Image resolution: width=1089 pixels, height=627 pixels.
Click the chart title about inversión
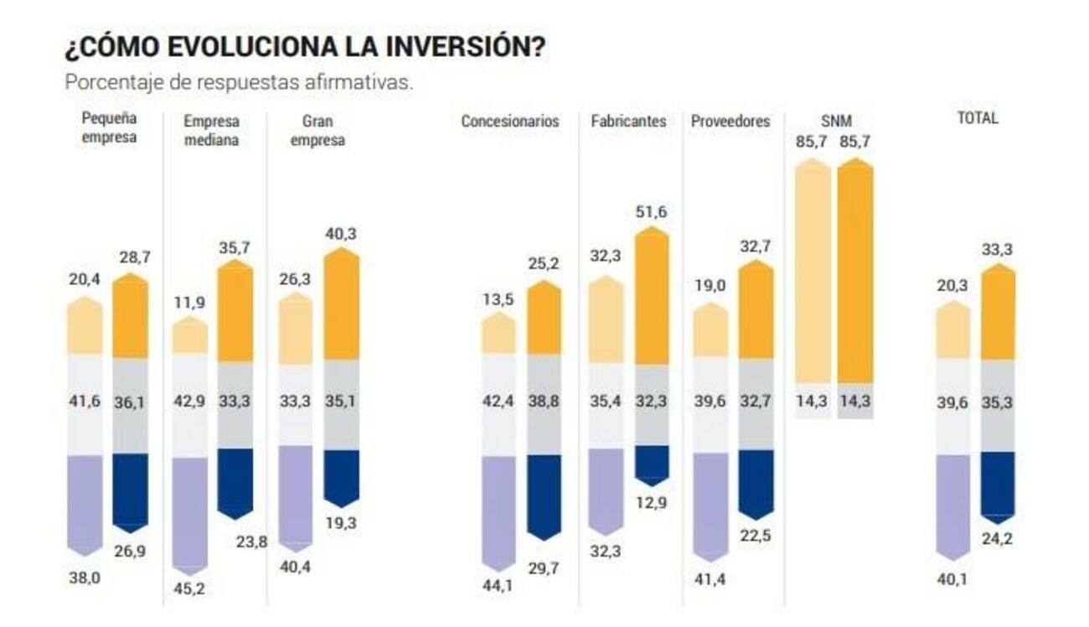point(305,47)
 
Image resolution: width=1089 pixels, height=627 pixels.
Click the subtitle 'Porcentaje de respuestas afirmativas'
point(239,84)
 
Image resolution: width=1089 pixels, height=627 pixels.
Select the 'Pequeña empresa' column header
point(109,129)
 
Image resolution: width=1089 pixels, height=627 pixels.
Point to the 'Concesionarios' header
point(509,122)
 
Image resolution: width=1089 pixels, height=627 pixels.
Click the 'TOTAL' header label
point(978,118)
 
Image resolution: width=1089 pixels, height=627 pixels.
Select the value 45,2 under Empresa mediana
point(189,588)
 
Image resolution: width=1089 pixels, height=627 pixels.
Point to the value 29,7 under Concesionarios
point(544,567)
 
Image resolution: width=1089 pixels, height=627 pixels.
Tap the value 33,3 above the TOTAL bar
point(997,249)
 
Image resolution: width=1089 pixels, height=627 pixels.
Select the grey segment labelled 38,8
point(544,403)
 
